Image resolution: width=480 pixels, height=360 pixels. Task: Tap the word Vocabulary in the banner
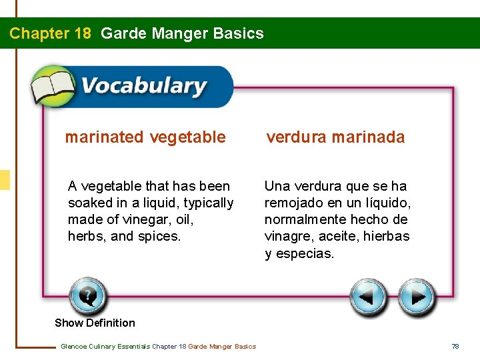coord(143,87)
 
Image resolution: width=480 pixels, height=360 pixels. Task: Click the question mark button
coord(88,296)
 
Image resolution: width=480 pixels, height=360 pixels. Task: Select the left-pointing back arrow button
coord(368,298)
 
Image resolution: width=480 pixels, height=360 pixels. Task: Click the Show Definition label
coord(95,323)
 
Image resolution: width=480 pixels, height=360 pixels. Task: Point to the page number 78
coord(455,346)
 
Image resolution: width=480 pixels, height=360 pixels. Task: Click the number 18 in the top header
coord(79,33)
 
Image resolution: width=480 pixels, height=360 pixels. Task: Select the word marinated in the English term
coord(104,137)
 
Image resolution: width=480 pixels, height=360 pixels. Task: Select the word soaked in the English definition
coord(89,203)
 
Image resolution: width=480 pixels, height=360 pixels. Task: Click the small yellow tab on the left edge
coord(5,180)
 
